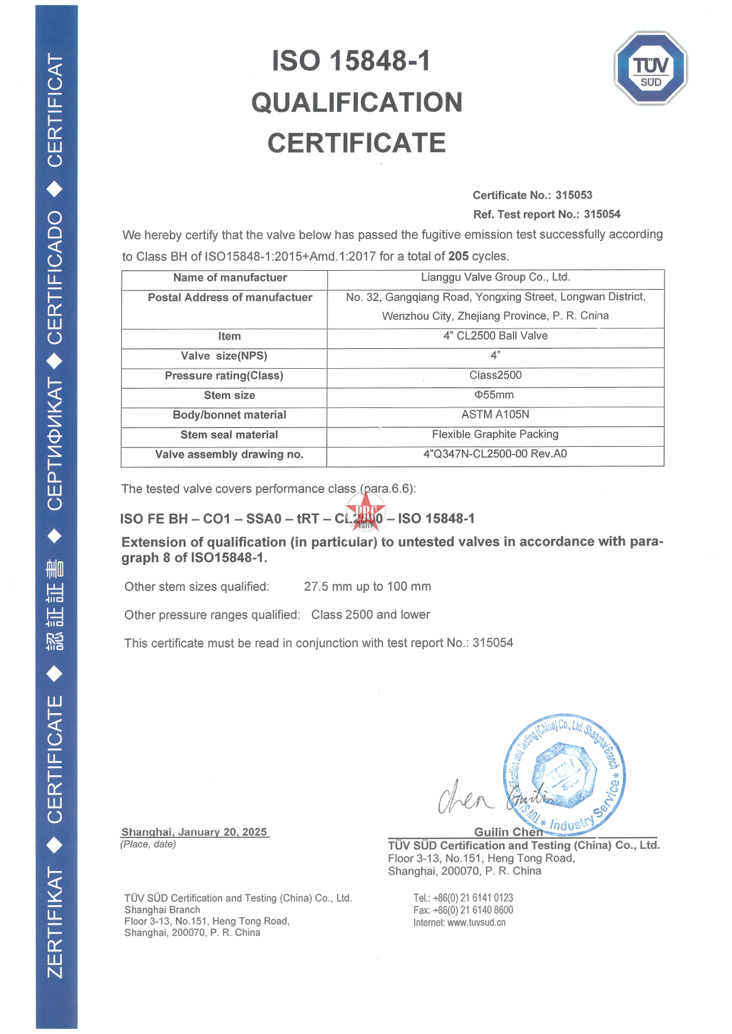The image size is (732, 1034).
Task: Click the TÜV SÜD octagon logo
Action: [650, 68]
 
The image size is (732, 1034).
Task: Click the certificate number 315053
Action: [573, 195]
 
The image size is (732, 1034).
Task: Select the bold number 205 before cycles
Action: [458, 256]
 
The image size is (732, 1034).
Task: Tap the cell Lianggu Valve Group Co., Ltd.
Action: [495, 277]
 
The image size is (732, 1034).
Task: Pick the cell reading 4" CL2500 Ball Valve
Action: [495, 336]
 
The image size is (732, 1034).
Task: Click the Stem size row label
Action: [229, 396]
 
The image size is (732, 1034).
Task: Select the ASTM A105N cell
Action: [495, 415]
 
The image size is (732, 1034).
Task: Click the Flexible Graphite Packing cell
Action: [495, 435]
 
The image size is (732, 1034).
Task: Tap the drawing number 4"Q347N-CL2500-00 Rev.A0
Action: [495, 454]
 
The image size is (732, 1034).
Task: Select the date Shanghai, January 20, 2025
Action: [194, 832]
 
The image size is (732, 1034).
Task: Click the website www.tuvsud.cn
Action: [476, 922]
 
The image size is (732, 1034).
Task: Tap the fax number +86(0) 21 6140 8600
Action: [473, 910]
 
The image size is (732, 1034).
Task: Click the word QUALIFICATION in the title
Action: [357, 102]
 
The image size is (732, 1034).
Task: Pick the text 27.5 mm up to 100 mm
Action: [367, 586]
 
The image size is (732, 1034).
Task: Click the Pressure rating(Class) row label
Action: [224, 376]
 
